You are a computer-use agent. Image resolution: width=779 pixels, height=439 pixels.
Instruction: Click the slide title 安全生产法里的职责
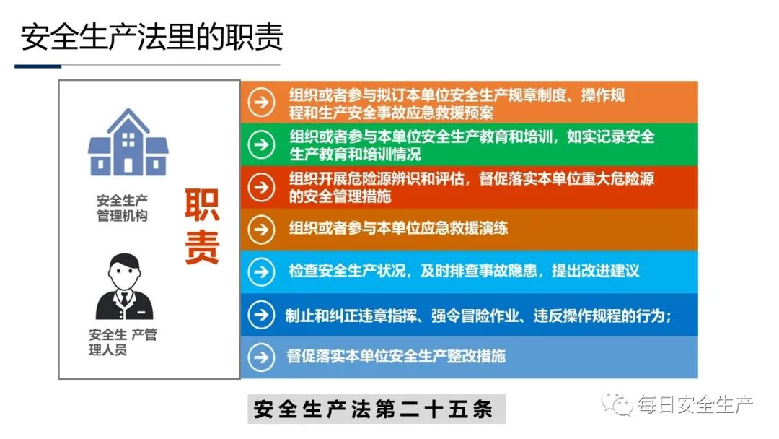[151, 37]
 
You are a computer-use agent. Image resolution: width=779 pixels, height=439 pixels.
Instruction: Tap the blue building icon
[128, 142]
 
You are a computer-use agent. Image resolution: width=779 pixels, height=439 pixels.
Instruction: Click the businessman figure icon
[124, 287]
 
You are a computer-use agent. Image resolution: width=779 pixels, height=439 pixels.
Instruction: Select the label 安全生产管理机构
[122, 209]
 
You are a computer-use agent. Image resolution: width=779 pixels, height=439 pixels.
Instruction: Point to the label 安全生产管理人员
[122, 342]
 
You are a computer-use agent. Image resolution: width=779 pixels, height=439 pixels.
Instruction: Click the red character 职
[202, 205]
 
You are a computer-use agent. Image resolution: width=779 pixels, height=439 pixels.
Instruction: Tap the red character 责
[202, 247]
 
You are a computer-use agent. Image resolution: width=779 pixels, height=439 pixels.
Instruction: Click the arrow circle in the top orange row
[261, 103]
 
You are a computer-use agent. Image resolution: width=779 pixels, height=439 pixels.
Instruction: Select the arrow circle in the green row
[261, 144]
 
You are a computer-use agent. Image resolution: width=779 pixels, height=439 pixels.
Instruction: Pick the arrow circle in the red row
[261, 188]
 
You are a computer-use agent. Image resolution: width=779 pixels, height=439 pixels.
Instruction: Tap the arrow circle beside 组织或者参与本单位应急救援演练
[261, 230]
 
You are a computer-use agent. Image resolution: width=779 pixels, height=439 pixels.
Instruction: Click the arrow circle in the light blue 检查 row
[261, 272]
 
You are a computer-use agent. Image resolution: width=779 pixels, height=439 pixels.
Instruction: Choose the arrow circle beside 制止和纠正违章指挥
[261, 315]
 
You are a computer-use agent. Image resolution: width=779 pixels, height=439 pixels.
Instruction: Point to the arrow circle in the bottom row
[261, 357]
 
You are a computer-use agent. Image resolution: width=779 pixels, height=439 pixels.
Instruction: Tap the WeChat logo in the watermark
[616, 404]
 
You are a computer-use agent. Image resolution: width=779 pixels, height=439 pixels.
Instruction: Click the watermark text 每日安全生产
[695, 404]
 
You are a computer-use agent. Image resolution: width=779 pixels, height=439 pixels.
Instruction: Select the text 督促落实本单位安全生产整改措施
[396, 356]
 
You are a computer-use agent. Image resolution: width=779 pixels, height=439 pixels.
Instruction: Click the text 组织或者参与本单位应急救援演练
[398, 228]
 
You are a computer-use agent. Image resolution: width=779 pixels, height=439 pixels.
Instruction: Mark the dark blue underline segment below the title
[38, 66]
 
